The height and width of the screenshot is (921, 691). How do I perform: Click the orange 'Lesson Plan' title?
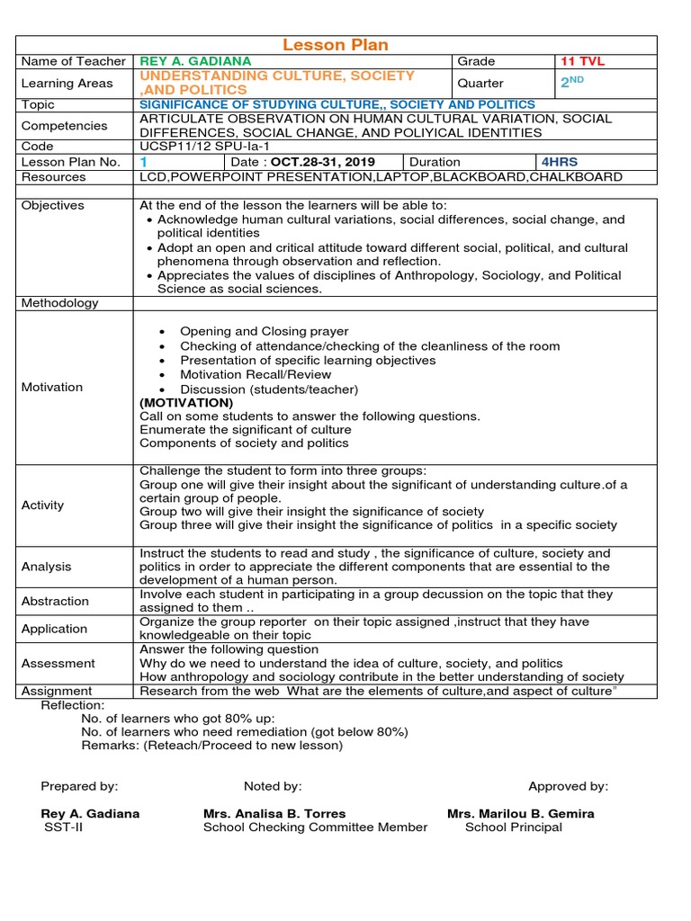(336, 45)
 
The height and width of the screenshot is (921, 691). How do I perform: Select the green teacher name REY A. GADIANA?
(195, 61)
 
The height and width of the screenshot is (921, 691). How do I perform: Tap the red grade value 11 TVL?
(582, 61)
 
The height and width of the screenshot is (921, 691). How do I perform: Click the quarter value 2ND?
(572, 83)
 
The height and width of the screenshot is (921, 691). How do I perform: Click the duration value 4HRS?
(559, 162)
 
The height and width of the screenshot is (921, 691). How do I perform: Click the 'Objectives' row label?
(52, 205)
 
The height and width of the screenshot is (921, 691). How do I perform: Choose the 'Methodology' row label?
(59, 303)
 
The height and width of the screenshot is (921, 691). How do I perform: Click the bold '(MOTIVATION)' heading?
(186, 403)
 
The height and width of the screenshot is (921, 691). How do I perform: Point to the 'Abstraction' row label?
(55, 601)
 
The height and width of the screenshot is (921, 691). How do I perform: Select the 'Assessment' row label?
(58, 663)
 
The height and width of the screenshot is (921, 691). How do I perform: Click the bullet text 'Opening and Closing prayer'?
(264, 332)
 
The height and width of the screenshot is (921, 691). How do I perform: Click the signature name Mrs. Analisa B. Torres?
(274, 813)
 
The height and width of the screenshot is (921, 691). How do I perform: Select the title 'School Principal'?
(513, 827)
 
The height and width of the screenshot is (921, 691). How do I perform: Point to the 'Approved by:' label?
(568, 786)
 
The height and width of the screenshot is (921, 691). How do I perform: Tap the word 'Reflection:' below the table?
(72, 705)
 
